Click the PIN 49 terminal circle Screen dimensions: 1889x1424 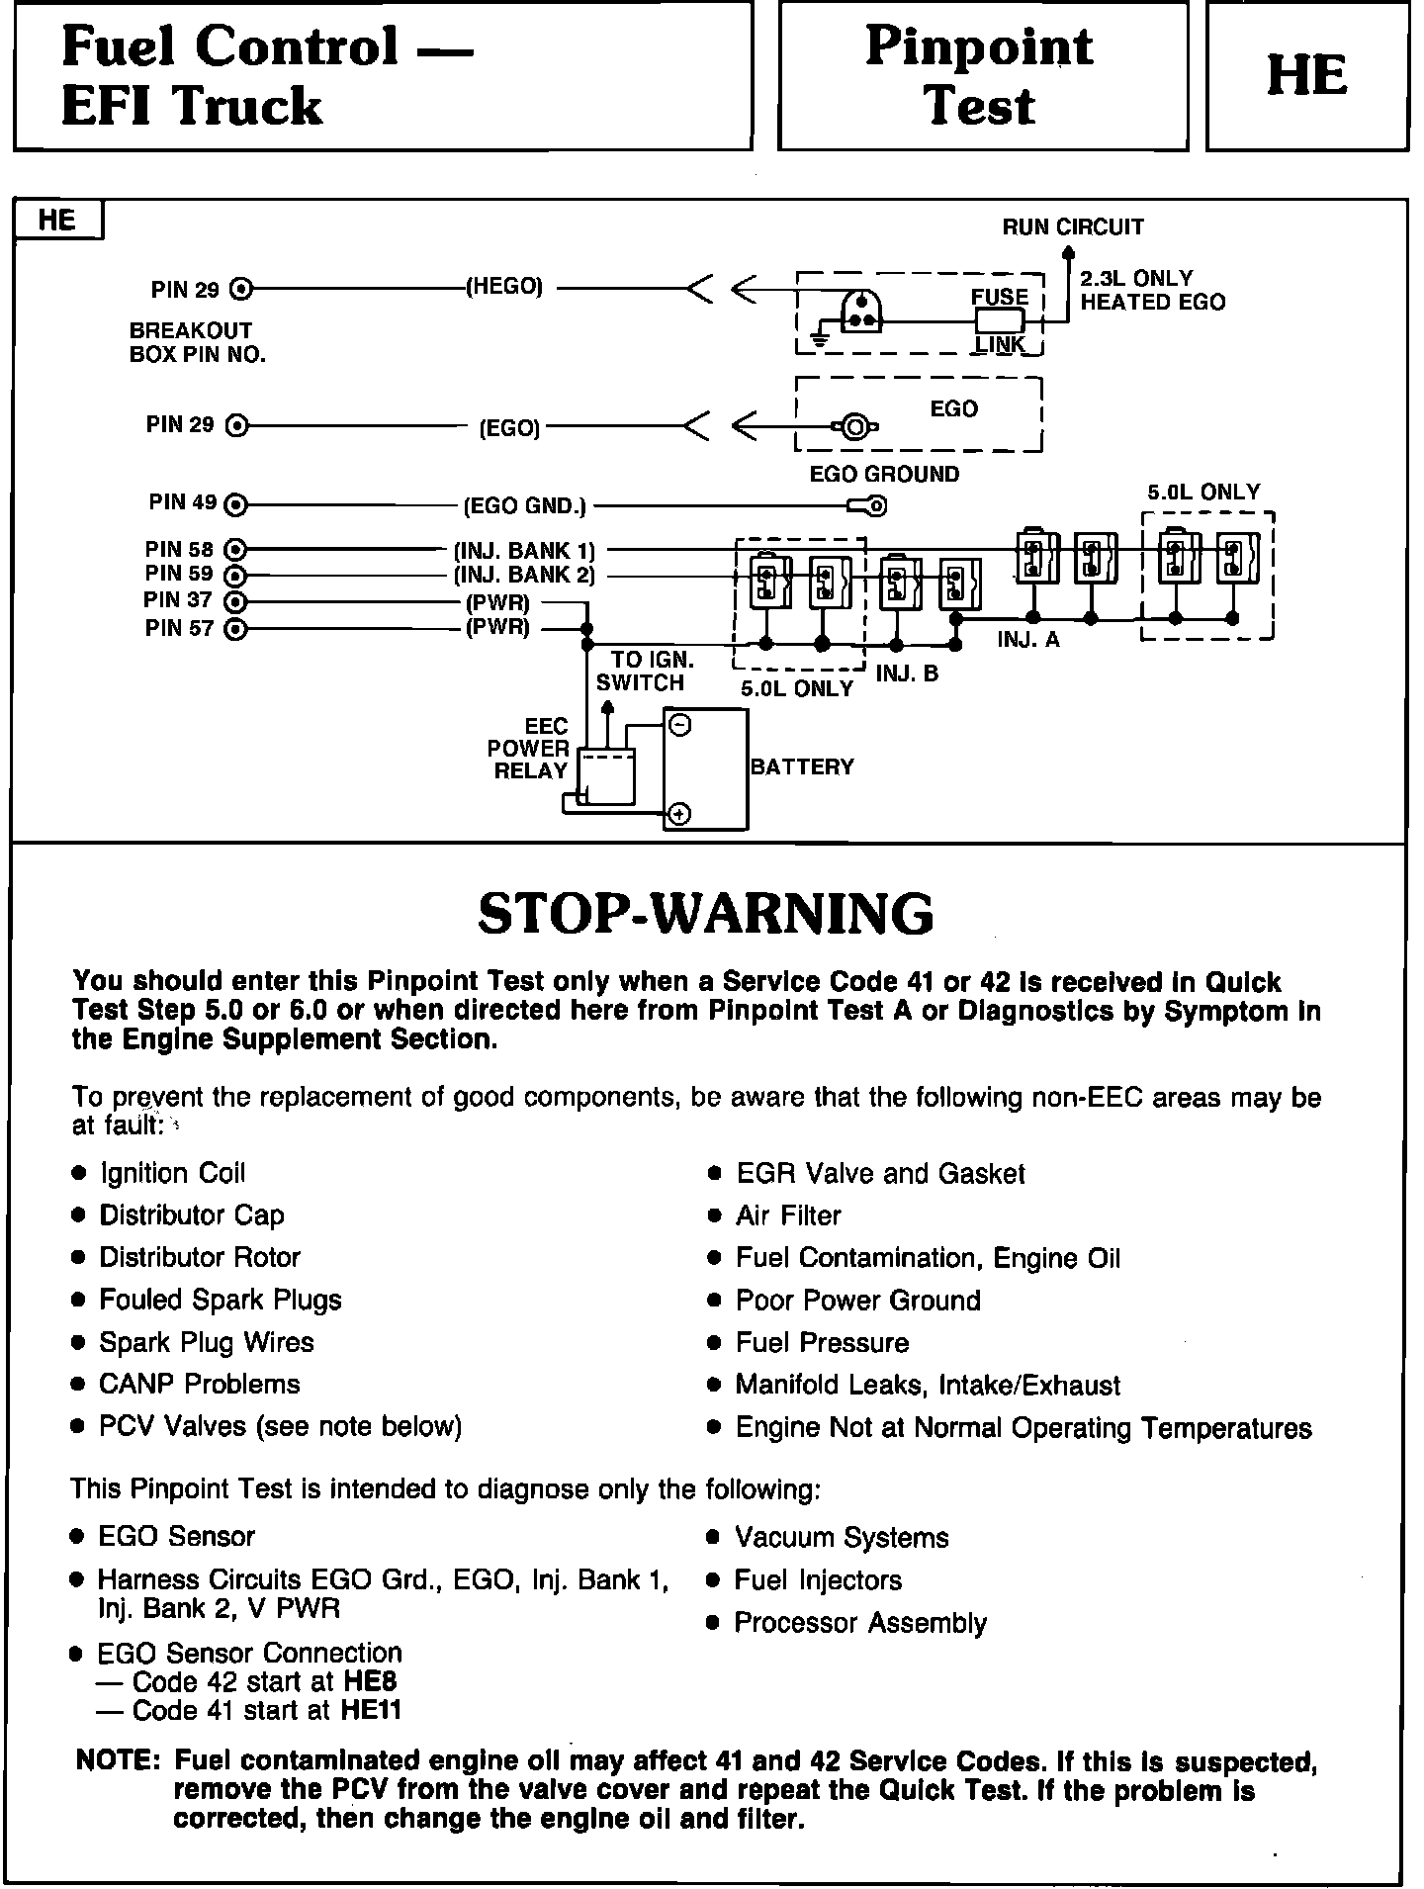[235, 505]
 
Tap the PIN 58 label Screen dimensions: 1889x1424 [179, 549]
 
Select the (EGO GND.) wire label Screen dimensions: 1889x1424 [524, 506]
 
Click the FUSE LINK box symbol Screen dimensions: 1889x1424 [1000, 320]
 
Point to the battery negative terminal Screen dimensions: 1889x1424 [680, 725]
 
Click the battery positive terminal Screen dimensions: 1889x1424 [680, 814]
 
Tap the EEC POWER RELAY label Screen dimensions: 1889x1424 [529, 749]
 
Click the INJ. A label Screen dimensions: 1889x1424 [1028, 640]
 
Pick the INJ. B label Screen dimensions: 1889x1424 [907, 674]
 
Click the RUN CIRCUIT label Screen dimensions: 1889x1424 [1073, 226]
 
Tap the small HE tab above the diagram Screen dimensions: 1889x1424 [57, 220]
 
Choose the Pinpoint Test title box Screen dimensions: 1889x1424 [982, 76]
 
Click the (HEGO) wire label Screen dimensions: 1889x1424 [504, 287]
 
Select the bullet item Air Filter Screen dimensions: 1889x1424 [788, 1214]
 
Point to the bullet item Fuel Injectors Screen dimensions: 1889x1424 [818, 1579]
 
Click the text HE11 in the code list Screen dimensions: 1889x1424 [372, 1710]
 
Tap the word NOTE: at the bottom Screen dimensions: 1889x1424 [118, 1760]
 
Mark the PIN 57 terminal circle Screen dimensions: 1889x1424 [235, 629]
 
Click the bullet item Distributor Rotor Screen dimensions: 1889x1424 [200, 1257]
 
